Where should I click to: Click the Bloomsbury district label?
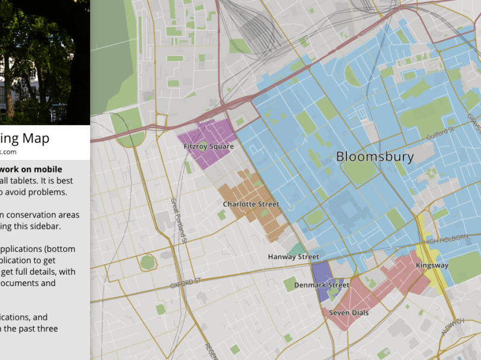click(x=375, y=157)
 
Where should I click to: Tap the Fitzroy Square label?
click(x=208, y=146)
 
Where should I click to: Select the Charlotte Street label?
click(x=251, y=204)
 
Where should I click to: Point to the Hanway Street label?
click(x=293, y=257)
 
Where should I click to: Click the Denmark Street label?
click(x=321, y=285)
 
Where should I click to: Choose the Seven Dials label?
click(x=349, y=313)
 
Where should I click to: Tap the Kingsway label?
click(x=432, y=265)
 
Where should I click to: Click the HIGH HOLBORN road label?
click(x=446, y=239)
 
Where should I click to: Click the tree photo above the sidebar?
click(x=44, y=60)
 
